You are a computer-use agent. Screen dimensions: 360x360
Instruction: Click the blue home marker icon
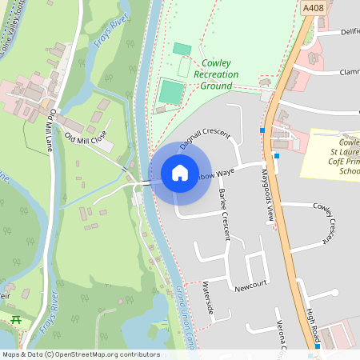(x=180, y=173)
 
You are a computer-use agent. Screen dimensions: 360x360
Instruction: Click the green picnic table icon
(x=16, y=319)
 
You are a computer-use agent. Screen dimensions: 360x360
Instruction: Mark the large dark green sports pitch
(x=170, y=92)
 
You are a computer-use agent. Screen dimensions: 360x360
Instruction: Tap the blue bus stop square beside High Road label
(x=317, y=346)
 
